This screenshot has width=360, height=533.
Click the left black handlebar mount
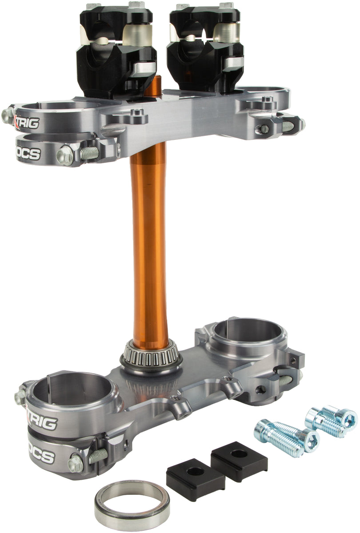point(116,49)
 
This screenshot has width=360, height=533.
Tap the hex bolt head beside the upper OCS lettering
point(64,156)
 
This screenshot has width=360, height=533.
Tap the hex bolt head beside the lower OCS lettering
point(76,463)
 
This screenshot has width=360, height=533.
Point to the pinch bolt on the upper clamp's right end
point(264,129)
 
